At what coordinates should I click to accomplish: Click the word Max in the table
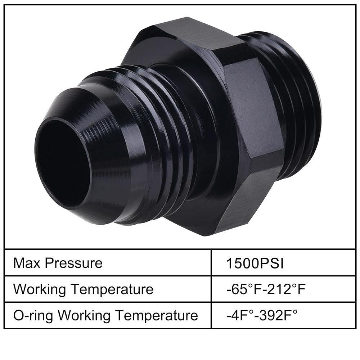coord(27,263)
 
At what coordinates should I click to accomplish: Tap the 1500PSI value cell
coord(255,263)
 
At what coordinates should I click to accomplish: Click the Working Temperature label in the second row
coord(84,289)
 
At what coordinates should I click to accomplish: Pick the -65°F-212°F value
coord(266,289)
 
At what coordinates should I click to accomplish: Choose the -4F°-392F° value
coord(262,315)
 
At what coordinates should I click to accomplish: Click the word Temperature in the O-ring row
coord(157,315)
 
